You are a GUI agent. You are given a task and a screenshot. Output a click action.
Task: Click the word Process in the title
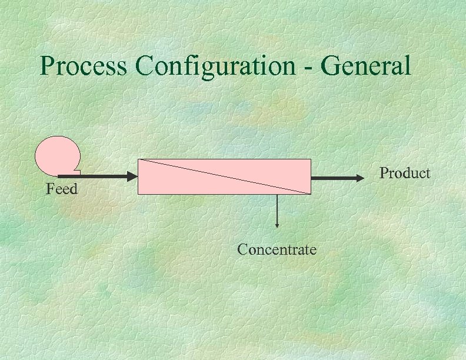pyautogui.click(x=83, y=66)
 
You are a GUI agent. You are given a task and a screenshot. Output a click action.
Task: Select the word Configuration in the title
pyautogui.click(x=215, y=66)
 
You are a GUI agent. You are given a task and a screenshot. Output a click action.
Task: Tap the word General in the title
pyautogui.click(x=367, y=66)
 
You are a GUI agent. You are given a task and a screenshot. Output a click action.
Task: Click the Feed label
pyautogui.click(x=62, y=189)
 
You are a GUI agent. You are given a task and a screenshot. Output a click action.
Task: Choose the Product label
pyautogui.click(x=405, y=173)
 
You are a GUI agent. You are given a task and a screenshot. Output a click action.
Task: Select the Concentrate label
pyautogui.click(x=277, y=249)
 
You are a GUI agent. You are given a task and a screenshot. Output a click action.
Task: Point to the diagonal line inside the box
pyautogui.click(x=224, y=176)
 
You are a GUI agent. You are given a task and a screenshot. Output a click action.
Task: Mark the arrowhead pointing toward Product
pyautogui.click(x=360, y=177)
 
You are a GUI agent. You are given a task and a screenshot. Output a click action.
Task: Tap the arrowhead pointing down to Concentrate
pyautogui.click(x=277, y=224)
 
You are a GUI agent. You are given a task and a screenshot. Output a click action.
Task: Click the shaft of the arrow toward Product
pyautogui.click(x=332, y=177)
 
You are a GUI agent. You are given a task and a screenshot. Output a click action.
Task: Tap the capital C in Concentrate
pyautogui.click(x=242, y=249)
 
